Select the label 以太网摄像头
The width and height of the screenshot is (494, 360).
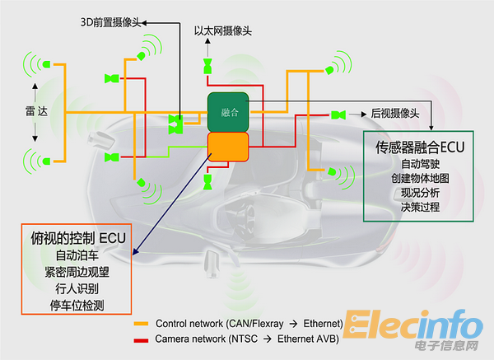(222, 31)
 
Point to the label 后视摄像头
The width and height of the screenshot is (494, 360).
(395, 114)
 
